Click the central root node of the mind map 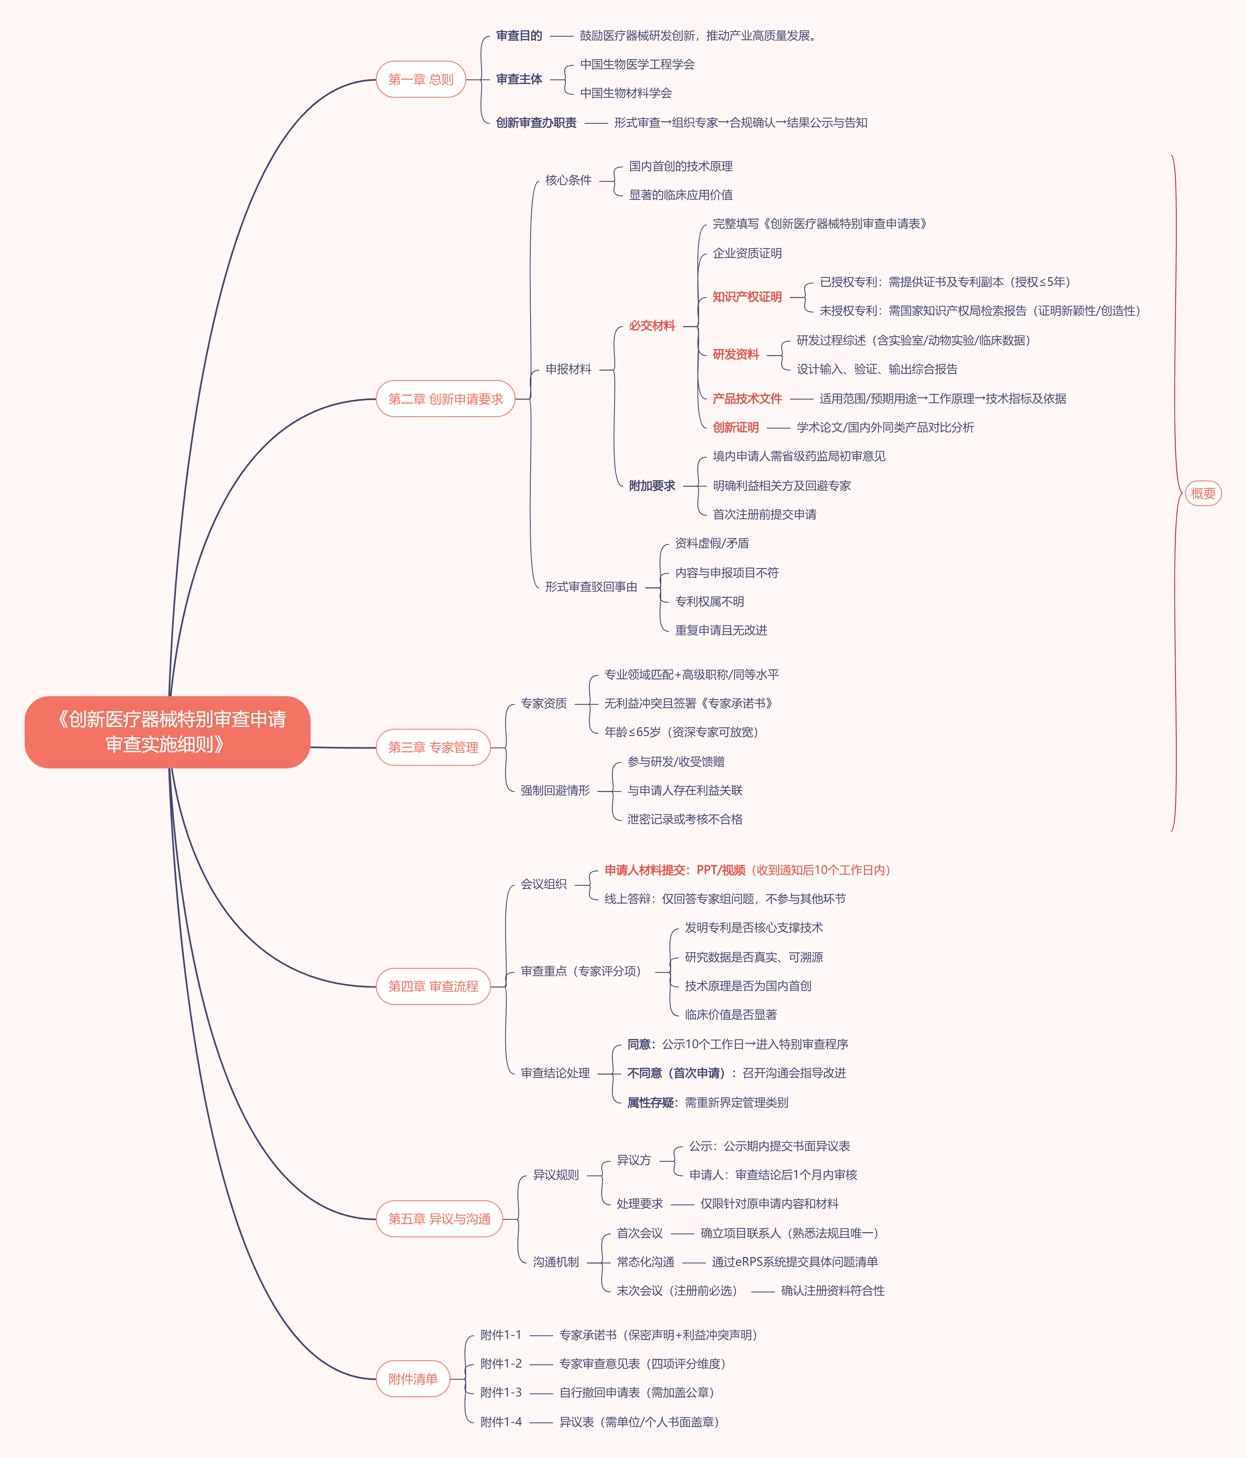click(168, 732)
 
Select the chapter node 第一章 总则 click(421, 79)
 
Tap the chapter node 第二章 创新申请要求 click(446, 399)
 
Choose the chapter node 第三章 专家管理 click(433, 747)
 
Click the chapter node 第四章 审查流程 click(433, 987)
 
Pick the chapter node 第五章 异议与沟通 click(439, 1219)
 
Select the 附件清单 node click(413, 1379)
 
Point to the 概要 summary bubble click(1203, 493)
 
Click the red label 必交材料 click(652, 326)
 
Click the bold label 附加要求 click(652, 485)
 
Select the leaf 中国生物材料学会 click(626, 93)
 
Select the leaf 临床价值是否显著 click(731, 1015)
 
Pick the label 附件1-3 click(501, 1393)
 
